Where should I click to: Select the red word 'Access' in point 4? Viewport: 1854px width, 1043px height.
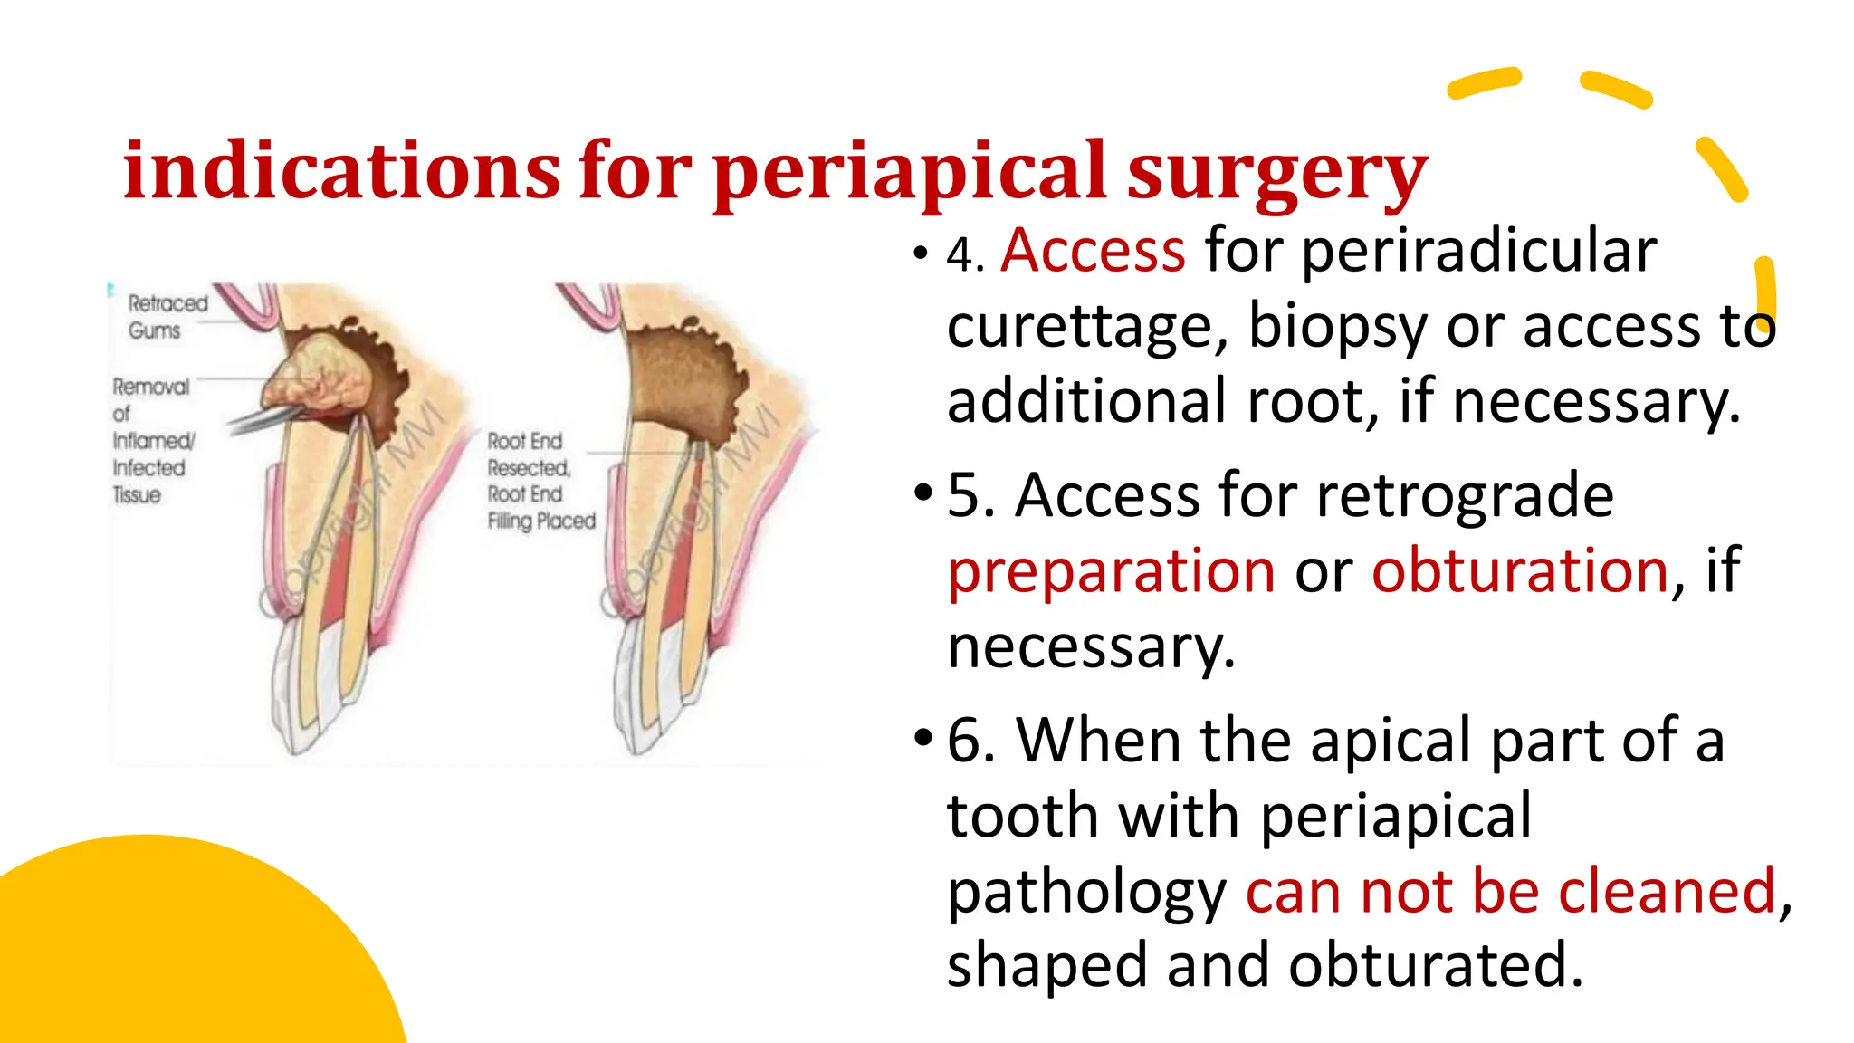1093,251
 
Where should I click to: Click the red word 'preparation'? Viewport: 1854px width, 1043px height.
1111,572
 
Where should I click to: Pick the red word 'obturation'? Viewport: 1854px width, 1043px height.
1520,572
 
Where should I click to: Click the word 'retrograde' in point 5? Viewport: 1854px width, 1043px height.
1464,496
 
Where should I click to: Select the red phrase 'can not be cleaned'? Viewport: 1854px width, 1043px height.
1510,892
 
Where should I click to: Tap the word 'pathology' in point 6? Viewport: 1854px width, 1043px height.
1086,892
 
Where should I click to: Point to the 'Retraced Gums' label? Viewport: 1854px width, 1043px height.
167,317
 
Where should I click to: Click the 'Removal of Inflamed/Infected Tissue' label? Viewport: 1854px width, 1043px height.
150,441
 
